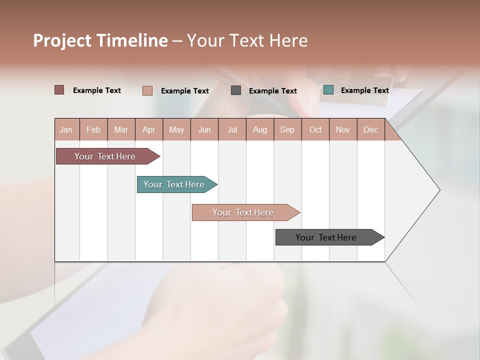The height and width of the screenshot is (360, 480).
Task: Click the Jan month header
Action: (66, 130)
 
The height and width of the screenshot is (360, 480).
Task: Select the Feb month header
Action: (93, 130)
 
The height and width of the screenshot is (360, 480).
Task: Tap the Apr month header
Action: (148, 130)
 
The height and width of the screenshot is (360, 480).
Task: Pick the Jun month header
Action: (204, 130)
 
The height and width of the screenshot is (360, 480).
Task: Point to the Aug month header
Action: (259, 130)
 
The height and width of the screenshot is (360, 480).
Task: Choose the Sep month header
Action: (287, 130)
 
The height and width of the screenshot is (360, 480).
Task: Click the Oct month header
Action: (315, 130)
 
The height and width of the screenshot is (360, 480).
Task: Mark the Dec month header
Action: (370, 130)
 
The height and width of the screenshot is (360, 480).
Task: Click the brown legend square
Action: (59, 90)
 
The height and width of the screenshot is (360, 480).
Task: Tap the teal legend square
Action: (328, 90)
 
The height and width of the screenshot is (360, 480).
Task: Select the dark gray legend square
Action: (236, 90)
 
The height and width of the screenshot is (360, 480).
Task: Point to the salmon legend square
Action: (147, 90)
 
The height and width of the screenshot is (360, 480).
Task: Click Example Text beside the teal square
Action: (364, 90)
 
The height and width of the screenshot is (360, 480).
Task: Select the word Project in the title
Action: (62, 40)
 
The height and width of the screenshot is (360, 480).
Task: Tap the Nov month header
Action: (343, 130)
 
